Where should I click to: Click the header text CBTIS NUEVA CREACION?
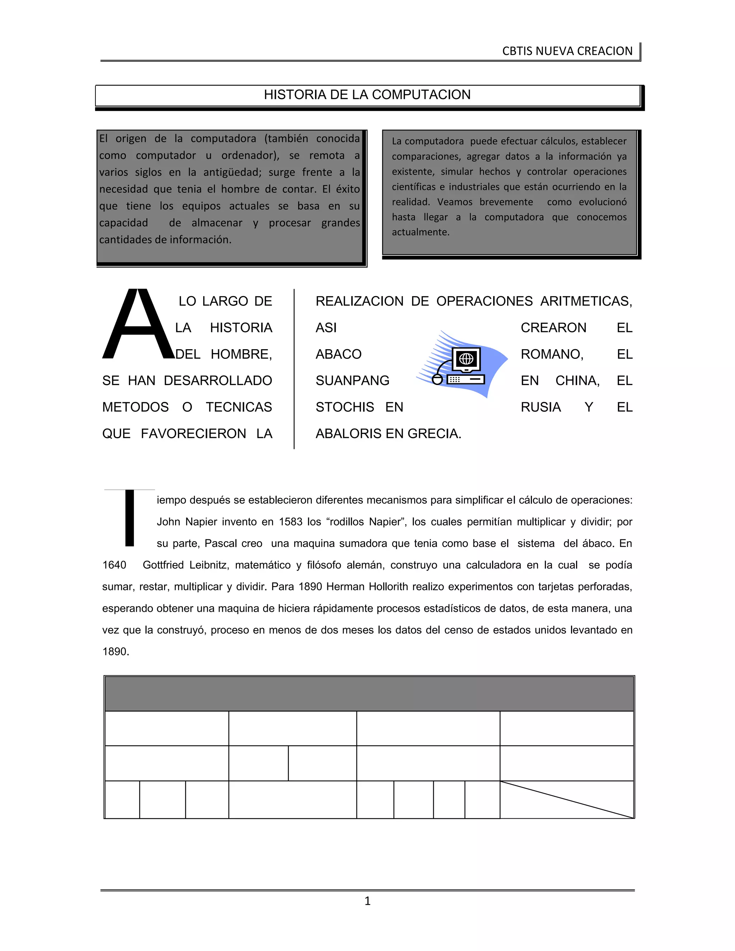coord(567,51)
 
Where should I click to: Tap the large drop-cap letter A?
coord(137,324)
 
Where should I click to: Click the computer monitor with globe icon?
coord(466,359)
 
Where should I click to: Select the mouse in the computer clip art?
coord(437,379)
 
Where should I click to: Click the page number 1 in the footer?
coord(367,900)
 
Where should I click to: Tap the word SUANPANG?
coord(352,380)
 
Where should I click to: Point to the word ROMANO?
coord(552,354)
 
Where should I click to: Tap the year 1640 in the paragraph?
coord(114,565)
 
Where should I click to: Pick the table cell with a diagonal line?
coord(566,800)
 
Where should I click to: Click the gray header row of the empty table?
coord(369,694)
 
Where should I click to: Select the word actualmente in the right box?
coord(420,232)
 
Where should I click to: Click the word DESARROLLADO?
coord(218,380)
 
